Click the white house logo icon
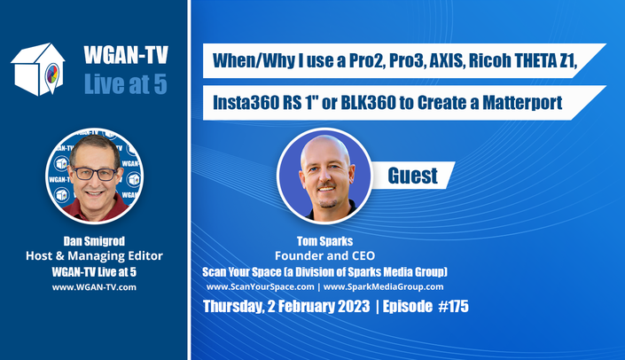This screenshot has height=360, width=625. [38, 69]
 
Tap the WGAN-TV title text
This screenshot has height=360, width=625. [126, 55]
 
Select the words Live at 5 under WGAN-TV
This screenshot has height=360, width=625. [126, 84]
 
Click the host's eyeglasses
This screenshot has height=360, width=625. [95, 174]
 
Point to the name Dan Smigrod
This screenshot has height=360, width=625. [94, 241]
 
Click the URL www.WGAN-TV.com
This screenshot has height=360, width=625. [94, 287]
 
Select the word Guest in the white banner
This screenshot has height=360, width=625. [412, 176]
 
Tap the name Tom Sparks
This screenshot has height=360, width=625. [324, 241]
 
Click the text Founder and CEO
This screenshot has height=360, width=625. [324, 255]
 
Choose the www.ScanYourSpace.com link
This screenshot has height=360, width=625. [261, 286]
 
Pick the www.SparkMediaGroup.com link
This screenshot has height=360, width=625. [384, 286]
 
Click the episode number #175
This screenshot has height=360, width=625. [454, 306]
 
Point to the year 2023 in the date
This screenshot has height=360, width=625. [354, 306]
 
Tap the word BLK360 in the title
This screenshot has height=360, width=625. [368, 103]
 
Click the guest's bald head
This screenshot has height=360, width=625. [324, 150]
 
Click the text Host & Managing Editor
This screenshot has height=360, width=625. [94, 255]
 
